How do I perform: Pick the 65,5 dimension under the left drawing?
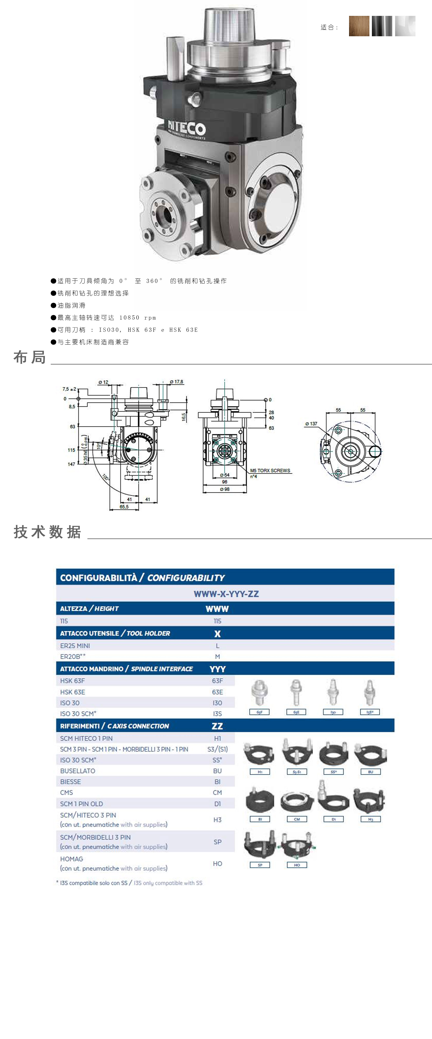coord(124,507)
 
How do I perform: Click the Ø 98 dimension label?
coord(225,489)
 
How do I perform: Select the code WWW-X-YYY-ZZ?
coord(226,594)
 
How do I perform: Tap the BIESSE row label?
coord(71,782)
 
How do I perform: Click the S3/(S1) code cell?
coord(217,749)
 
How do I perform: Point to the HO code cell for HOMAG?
coord(217,863)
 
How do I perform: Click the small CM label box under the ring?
coord(297,819)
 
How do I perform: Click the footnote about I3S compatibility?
coord(129,883)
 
